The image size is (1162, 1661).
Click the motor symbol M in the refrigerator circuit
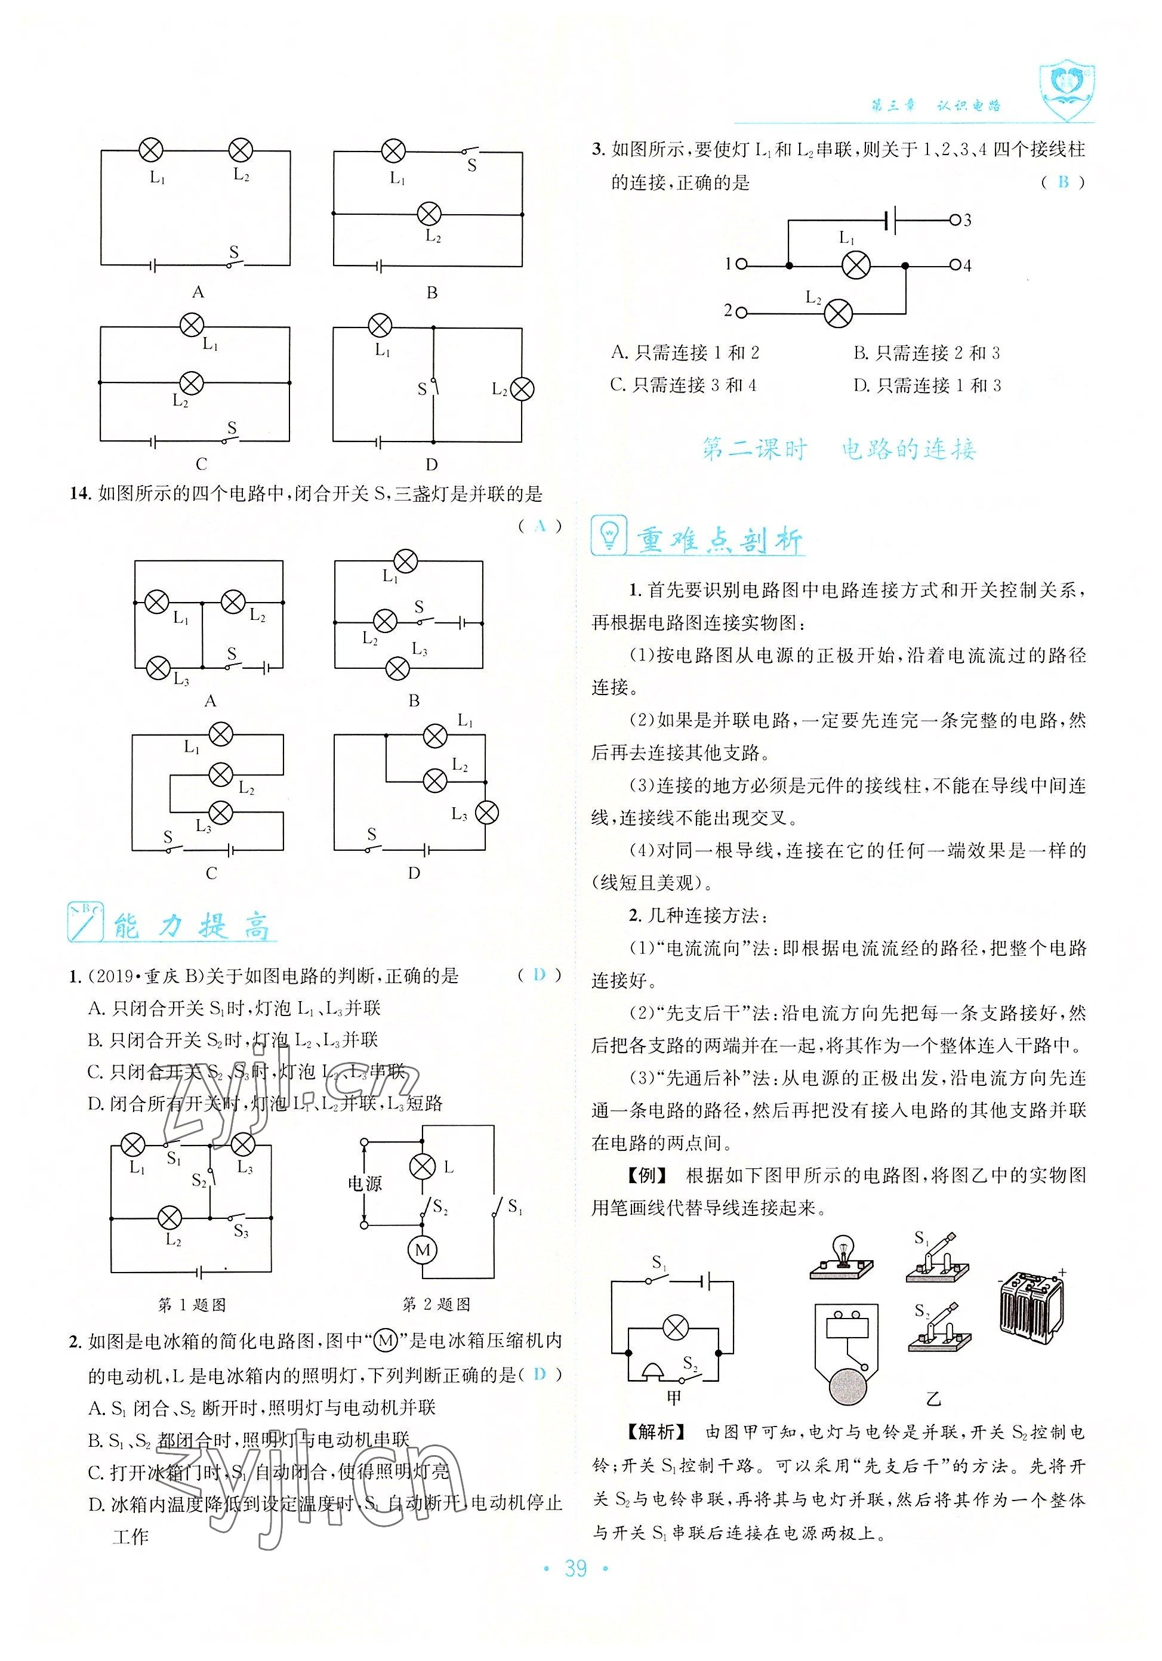[x=423, y=1250]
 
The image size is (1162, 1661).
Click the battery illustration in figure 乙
[x=1030, y=1306]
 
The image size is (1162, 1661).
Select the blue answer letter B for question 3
[x=1062, y=183]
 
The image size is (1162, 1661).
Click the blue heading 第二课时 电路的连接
[x=839, y=449]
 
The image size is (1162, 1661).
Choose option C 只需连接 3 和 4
[x=683, y=385]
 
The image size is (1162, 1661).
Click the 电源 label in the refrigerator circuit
[x=364, y=1183]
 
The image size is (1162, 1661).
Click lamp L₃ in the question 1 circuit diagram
[x=242, y=1144]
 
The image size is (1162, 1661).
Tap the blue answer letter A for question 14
[x=539, y=526]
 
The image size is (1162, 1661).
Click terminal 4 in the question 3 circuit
[x=955, y=265]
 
